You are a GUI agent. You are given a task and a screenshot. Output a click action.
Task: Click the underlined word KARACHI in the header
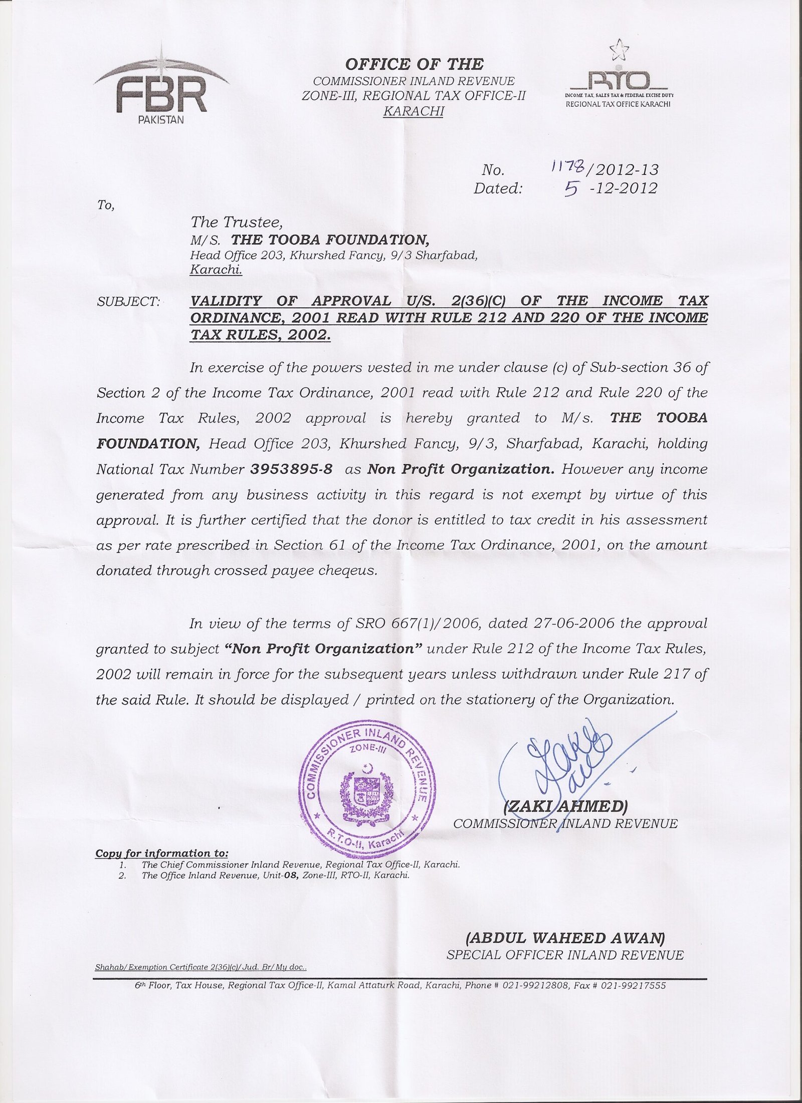[x=413, y=111]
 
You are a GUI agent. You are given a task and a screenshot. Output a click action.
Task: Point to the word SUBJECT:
[x=128, y=302]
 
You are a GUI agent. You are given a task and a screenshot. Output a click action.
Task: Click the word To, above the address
[x=106, y=205]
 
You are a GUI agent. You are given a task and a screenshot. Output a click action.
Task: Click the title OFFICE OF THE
[x=414, y=64]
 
